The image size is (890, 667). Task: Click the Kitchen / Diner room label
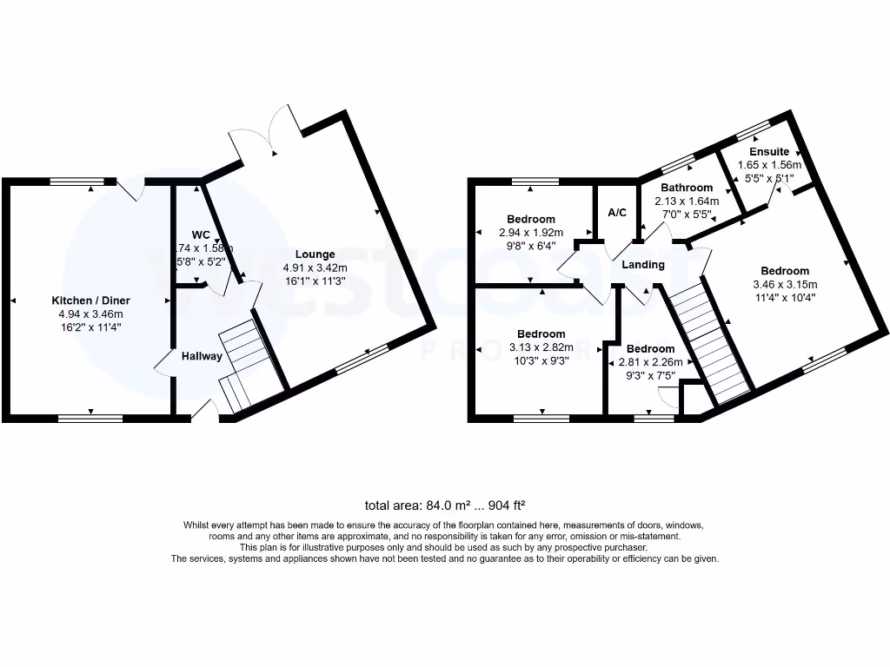[x=90, y=300]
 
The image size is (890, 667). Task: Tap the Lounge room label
[x=315, y=254]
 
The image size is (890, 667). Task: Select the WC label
[x=201, y=234]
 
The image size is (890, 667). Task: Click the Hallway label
[x=202, y=356]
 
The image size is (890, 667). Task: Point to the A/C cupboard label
[x=617, y=213]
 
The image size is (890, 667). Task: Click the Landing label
[x=643, y=265]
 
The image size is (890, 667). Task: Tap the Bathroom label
[x=687, y=188]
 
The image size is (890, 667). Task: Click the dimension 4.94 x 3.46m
[x=90, y=314]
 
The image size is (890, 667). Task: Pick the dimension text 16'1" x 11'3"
[x=315, y=281]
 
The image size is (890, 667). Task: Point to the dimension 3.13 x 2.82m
[x=541, y=347]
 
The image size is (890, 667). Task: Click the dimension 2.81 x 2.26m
[x=650, y=362]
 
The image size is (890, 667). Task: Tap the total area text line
[x=445, y=505]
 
